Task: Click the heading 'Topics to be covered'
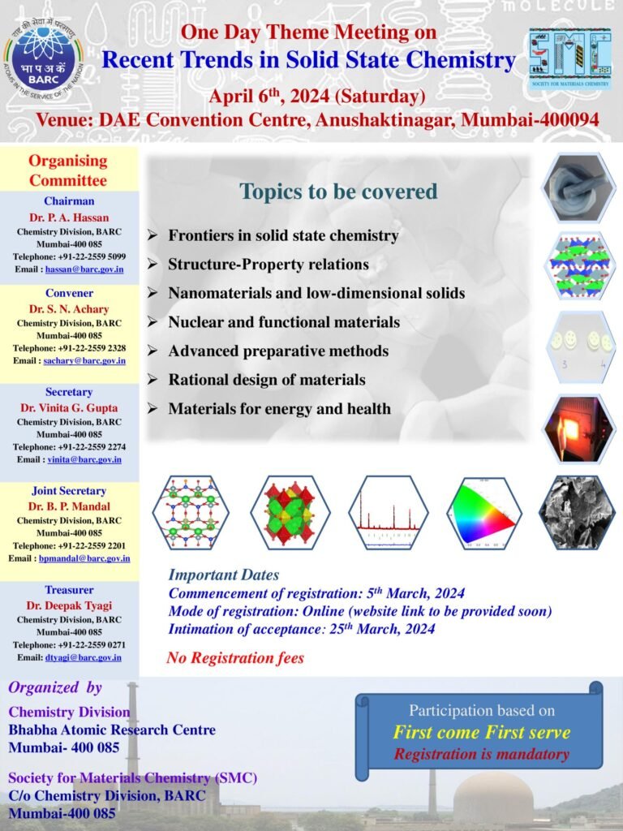tap(338, 192)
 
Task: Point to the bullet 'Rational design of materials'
tap(266, 379)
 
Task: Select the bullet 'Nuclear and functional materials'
tap(283, 322)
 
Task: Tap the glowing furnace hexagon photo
tap(579, 428)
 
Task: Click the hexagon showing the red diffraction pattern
tap(389, 513)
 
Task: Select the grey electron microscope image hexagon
tap(578, 513)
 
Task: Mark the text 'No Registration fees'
tap(234, 658)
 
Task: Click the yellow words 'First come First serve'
tap(481, 733)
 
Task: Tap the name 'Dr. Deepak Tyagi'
tap(69, 605)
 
